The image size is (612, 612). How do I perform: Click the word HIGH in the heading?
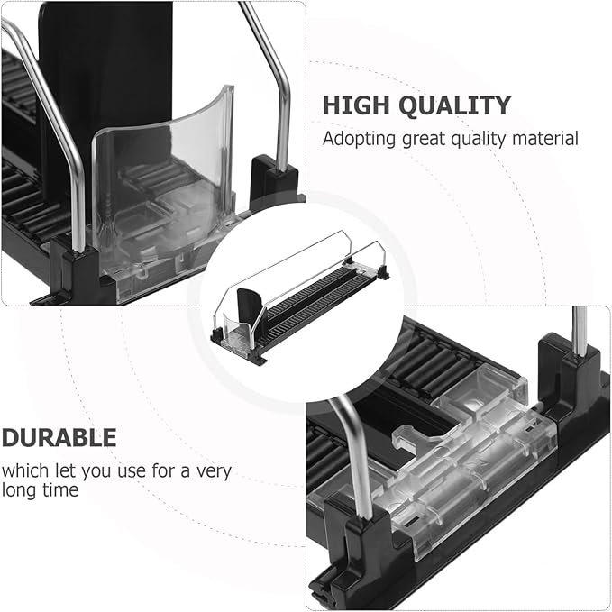(x=356, y=105)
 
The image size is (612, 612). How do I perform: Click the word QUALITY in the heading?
(x=455, y=105)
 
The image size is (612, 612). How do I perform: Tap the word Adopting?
(x=359, y=140)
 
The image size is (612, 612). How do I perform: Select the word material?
(x=545, y=139)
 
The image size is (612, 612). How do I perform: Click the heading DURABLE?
(x=59, y=437)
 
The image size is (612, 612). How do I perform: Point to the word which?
(x=25, y=470)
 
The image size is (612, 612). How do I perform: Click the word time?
(x=60, y=489)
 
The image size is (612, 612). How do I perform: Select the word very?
(x=214, y=472)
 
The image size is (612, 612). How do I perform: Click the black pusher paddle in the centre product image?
(x=249, y=305)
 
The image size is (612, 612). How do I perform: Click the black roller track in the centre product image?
(x=312, y=297)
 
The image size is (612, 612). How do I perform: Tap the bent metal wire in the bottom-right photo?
(x=352, y=457)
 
